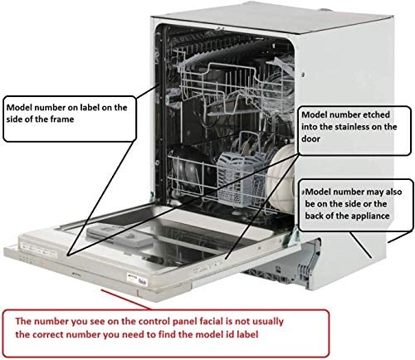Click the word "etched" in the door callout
376,114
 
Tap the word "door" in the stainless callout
310,139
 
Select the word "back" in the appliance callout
315,216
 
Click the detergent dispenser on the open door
119,236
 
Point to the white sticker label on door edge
137,280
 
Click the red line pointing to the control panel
126,299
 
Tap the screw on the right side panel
303,74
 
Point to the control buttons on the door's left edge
39,251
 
